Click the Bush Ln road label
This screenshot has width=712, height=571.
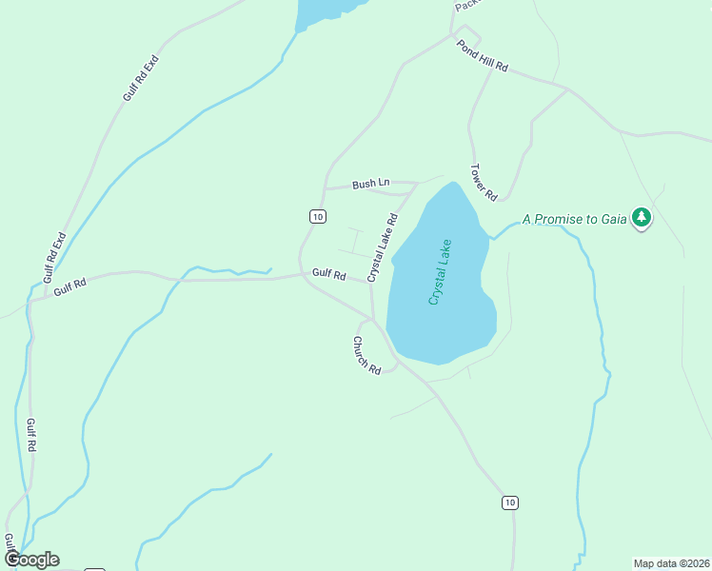371,184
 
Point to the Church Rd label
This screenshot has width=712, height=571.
366,355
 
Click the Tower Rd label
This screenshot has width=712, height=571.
484,183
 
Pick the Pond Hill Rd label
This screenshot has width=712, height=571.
483,57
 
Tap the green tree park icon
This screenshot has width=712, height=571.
643,218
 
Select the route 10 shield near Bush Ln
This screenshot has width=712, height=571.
318,217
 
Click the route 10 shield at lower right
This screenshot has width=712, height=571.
511,502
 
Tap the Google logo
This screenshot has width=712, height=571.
31,560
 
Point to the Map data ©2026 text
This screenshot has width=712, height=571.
670,562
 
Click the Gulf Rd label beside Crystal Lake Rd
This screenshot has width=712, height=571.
328,274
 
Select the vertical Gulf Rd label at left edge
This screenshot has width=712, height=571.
30,435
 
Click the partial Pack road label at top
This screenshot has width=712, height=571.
465,6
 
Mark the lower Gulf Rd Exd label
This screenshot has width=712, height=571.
55,255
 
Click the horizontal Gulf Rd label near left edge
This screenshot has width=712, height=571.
69,285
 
